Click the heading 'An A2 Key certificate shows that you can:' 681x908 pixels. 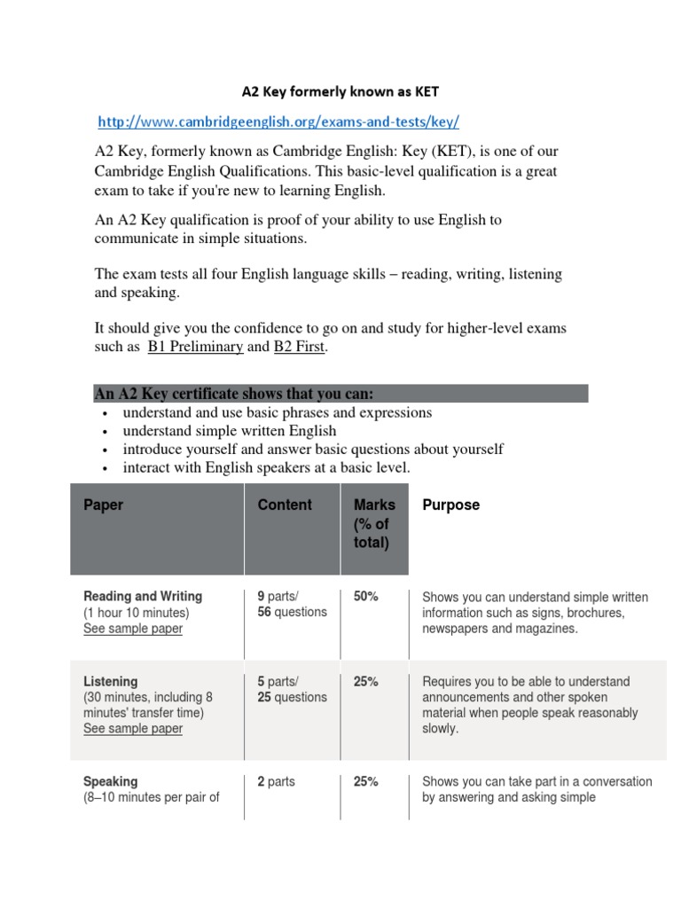pos(234,394)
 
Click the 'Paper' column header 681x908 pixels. pos(104,505)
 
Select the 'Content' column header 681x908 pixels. pos(285,505)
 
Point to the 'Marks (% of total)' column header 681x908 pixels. pos(373,523)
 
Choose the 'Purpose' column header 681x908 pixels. pos(450,505)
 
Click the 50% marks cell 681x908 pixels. pos(365,597)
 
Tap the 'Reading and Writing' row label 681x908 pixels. pos(143,596)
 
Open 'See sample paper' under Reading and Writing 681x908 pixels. pos(133,629)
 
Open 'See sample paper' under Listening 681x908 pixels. pos(133,728)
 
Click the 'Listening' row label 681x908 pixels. pos(110,681)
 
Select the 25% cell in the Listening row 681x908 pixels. pos(365,682)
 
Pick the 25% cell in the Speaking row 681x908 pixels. pos(365,781)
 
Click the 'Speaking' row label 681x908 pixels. pos(110,781)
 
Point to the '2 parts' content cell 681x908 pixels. pos(276,781)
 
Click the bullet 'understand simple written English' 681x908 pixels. pos(230,431)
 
